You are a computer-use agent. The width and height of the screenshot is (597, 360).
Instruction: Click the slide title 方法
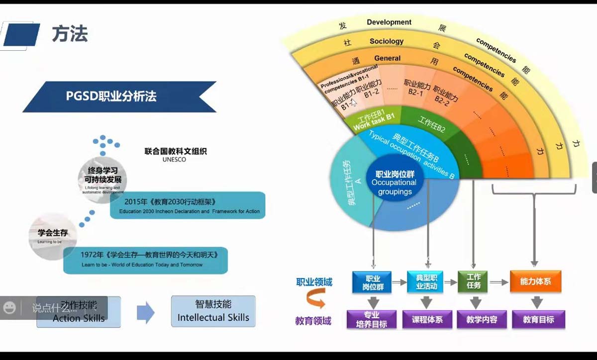click(x=70, y=34)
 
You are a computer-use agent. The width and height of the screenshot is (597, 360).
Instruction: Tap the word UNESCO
click(x=174, y=160)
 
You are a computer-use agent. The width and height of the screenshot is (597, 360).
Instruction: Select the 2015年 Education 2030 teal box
click(x=188, y=205)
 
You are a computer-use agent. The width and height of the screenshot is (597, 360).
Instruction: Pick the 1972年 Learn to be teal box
click(x=145, y=260)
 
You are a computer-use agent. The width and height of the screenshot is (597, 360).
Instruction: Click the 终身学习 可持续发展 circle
click(x=102, y=176)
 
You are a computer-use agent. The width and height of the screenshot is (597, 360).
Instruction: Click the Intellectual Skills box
click(x=213, y=312)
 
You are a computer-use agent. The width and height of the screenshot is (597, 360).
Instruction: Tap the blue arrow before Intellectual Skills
click(x=145, y=312)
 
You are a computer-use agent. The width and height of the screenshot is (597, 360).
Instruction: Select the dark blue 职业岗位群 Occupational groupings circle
click(x=395, y=182)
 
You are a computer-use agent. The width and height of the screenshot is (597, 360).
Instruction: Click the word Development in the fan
click(x=389, y=22)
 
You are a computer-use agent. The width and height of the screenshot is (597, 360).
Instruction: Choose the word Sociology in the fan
click(x=387, y=41)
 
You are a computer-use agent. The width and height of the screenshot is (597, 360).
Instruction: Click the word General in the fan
click(x=387, y=58)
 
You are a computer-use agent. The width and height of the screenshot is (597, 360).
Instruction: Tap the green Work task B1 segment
click(x=373, y=121)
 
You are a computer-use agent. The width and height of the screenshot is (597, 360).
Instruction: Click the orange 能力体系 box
click(x=536, y=281)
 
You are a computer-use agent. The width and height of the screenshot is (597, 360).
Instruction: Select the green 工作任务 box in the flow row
click(x=473, y=281)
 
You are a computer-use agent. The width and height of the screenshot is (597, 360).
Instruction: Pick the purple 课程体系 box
click(x=427, y=320)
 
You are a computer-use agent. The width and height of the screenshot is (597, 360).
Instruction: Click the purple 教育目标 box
click(x=538, y=320)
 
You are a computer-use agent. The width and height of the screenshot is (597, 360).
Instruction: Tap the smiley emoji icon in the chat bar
click(x=9, y=308)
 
